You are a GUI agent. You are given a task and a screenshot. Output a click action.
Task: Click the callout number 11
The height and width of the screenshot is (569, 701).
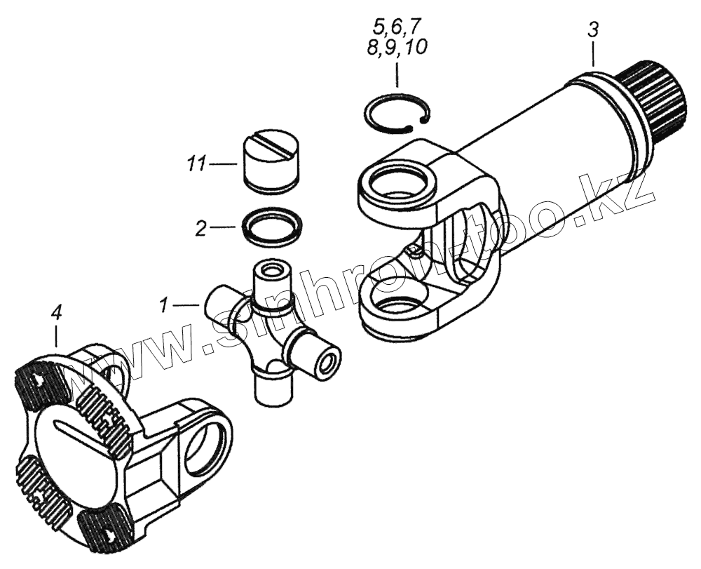point(196,165)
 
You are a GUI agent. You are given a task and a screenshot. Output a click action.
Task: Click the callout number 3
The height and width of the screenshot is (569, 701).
point(592,31)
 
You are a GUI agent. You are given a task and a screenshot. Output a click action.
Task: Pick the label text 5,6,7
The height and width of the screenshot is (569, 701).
point(397,29)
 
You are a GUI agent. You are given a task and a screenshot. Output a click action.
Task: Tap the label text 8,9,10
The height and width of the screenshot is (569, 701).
point(397,48)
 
